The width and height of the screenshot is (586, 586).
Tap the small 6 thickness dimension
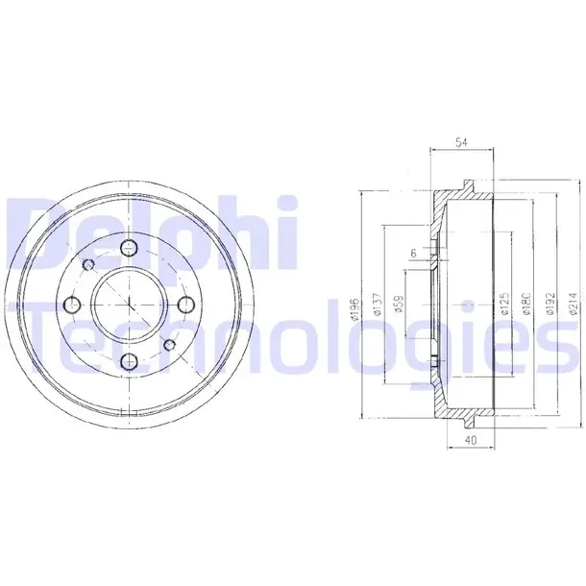[413, 253]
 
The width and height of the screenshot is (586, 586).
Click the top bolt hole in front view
[128, 250]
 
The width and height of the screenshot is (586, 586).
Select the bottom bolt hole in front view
[128, 360]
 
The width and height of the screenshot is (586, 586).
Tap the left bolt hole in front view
[72, 305]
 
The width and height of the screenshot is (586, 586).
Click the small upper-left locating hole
[89, 266]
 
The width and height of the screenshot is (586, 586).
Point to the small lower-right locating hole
[167, 344]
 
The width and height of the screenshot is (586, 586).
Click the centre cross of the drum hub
[128, 305]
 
